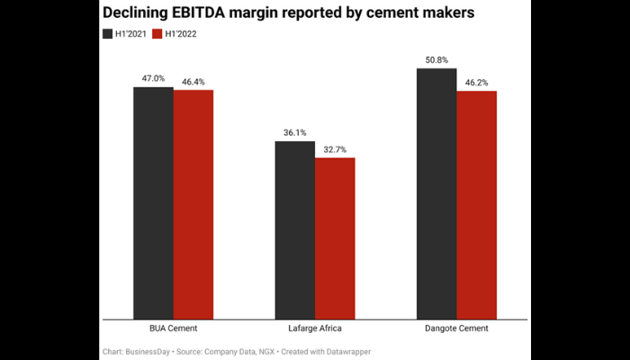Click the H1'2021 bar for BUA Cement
tap(153, 202)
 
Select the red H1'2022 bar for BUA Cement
tap(193, 204)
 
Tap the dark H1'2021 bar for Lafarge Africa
tap(295, 229)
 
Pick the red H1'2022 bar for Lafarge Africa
tap(335, 238)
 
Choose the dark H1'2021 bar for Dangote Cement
tap(436, 193)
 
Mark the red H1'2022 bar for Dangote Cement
tap(476, 204)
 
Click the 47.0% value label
tap(153, 78)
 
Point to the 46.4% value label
tap(193, 81)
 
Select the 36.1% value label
tap(295, 132)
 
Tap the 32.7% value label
tap(335, 148)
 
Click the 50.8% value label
tap(436, 59)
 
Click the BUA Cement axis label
tap(174, 329)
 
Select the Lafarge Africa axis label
tap(315, 329)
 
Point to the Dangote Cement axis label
tap(456, 329)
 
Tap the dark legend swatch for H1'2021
tap(107, 34)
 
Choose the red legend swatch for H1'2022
tap(157, 34)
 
